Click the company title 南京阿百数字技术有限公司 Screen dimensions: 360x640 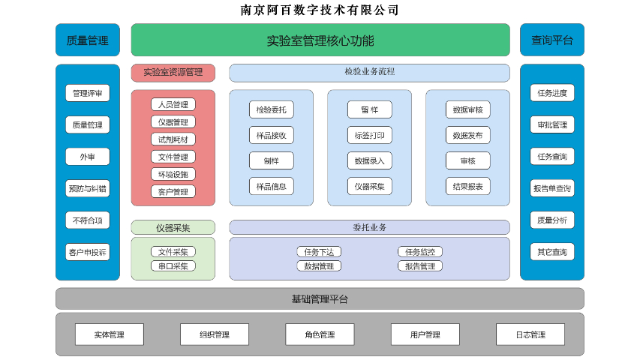tap(320, 10)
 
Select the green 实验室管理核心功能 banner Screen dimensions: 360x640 tap(320, 40)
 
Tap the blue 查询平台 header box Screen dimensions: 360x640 tap(551, 40)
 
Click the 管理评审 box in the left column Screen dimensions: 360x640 tap(88, 93)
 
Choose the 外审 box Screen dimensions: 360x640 tap(88, 157)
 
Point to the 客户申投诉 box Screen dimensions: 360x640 tap(88, 252)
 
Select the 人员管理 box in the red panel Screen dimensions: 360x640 tap(173, 104)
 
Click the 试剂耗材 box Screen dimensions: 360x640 tap(173, 139)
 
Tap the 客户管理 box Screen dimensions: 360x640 tap(173, 191)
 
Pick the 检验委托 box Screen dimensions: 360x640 tap(272, 109)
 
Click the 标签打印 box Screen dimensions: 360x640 tap(370, 135)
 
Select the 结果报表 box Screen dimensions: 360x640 tap(468, 186)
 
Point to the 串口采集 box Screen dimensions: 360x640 tap(173, 265)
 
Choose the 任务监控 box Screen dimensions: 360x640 tap(419, 252)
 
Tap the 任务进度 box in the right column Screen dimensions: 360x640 tap(552, 93)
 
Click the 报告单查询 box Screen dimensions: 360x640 tap(552, 188)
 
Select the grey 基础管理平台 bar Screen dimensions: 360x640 tap(320, 299)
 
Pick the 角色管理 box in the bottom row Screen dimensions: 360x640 tap(320, 334)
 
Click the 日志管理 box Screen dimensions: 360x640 tap(530, 334)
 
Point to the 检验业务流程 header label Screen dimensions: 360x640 tap(369, 72)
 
